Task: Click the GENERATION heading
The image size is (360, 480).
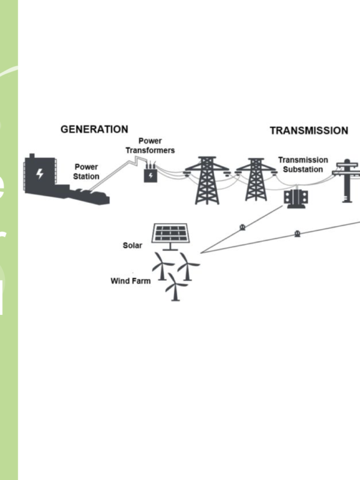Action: [94, 129]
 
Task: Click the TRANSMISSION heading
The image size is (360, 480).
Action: [308, 130]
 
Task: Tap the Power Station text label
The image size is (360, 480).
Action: [86, 172]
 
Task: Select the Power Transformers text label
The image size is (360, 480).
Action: [149, 145]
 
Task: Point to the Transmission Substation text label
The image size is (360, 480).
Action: [303, 164]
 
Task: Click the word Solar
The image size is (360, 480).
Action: [133, 245]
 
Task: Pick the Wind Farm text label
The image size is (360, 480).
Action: [130, 280]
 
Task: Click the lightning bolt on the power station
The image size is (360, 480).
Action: [40, 174]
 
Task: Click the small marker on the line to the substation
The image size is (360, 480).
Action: [242, 227]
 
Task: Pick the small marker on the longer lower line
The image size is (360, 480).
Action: [297, 233]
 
